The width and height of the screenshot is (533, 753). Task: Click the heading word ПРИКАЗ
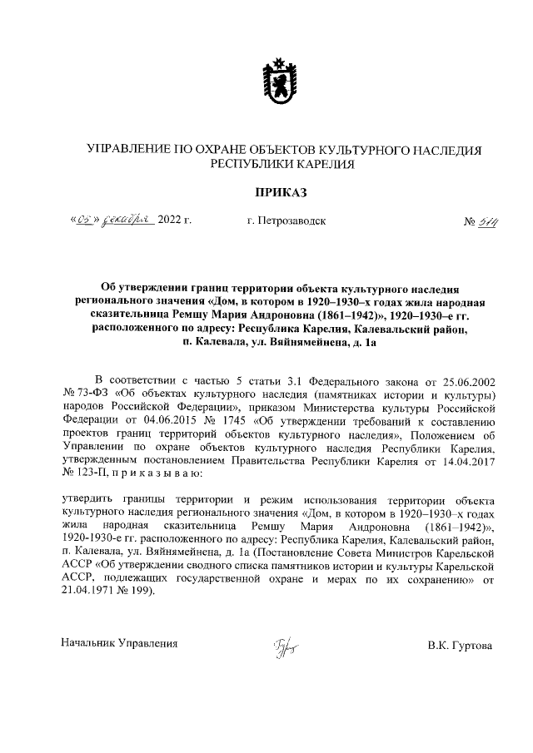(268, 193)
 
